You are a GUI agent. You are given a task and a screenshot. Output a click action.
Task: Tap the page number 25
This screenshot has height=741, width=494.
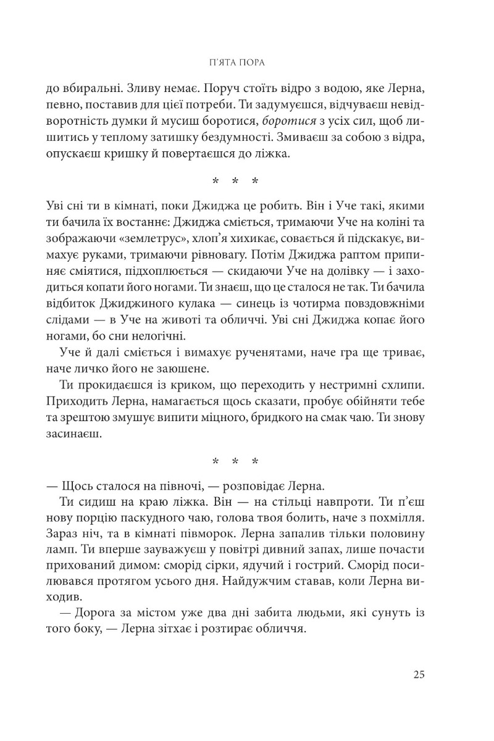[418, 674]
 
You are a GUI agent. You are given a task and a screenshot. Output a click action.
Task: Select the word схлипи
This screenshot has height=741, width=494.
[401, 385]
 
